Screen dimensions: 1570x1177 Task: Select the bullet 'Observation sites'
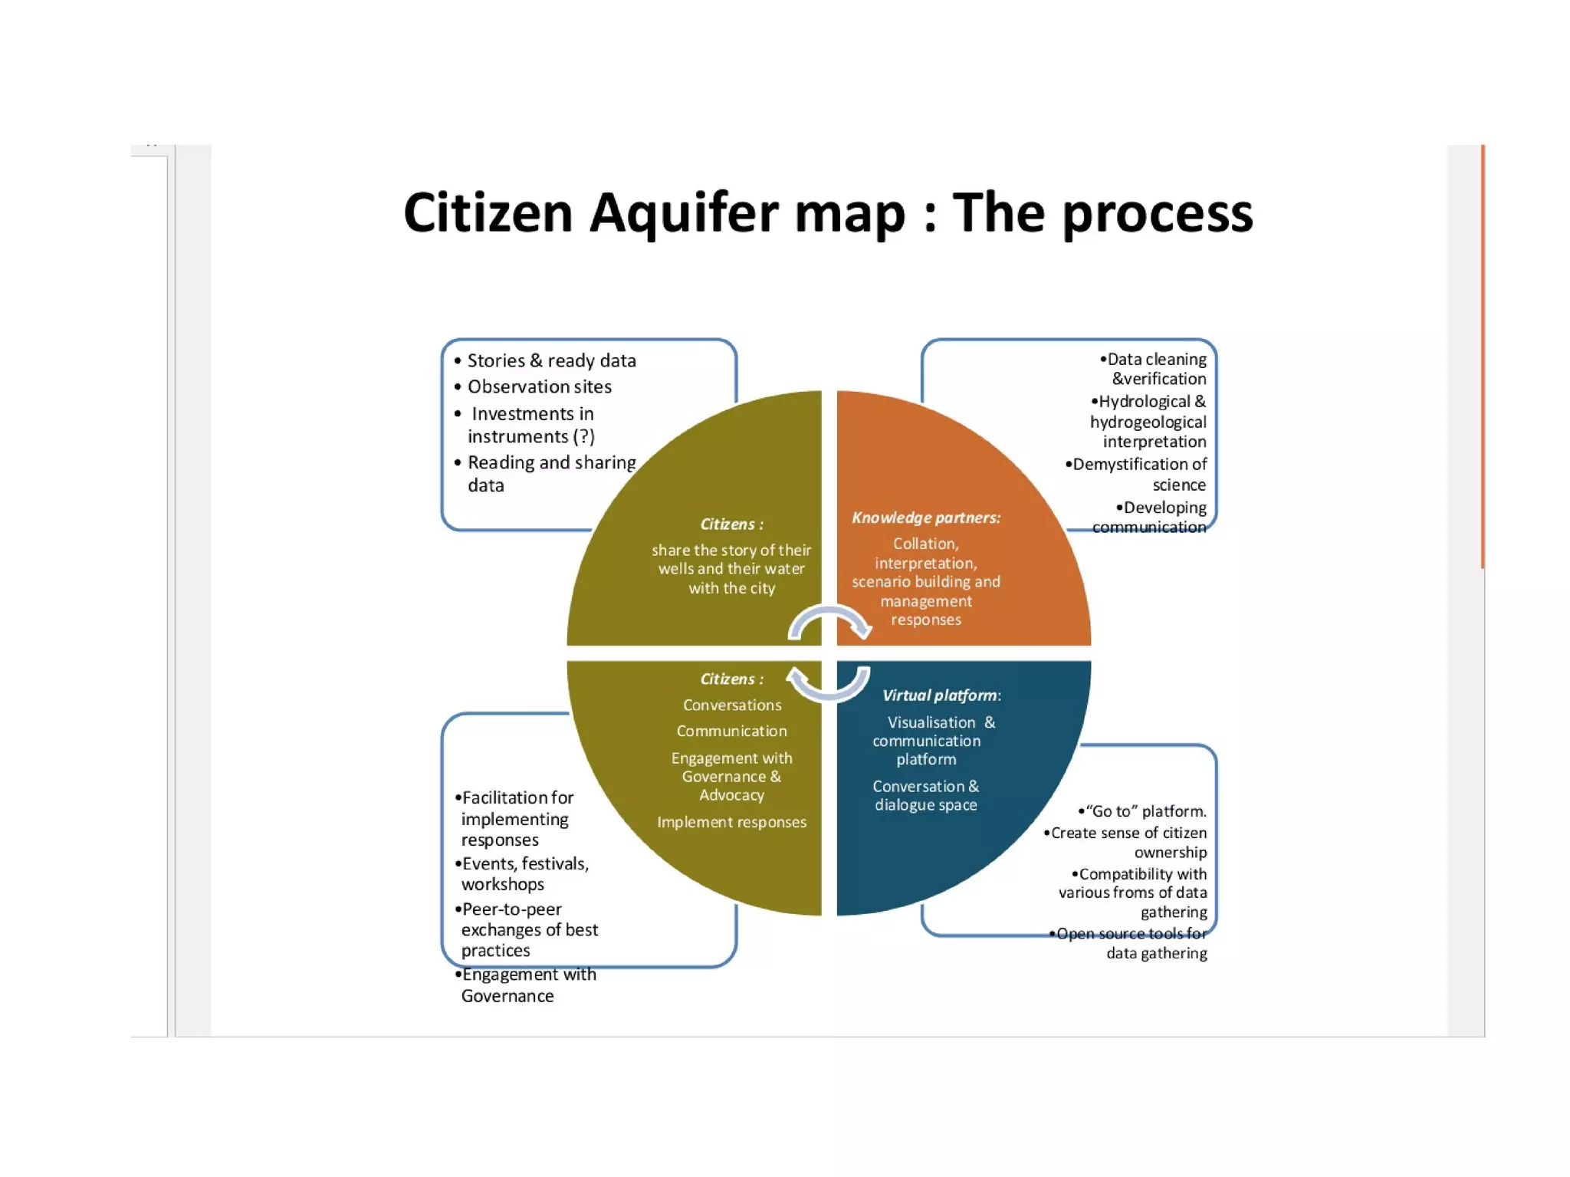click(x=539, y=386)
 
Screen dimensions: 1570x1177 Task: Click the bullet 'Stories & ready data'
click(x=551, y=360)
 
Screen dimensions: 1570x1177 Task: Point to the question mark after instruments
click(x=584, y=436)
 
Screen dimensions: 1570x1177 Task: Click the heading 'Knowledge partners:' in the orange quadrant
click(x=926, y=518)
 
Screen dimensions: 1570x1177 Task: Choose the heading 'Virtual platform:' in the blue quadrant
click(x=941, y=695)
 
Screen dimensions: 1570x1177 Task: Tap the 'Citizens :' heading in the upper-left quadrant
click(x=731, y=524)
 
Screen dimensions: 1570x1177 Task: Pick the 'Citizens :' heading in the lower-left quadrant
click(x=731, y=679)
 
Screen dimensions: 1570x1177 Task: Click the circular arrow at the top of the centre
click(x=829, y=621)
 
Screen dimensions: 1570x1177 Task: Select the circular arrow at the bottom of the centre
click(x=829, y=684)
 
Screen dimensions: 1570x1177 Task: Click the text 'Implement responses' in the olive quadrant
click(x=731, y=822)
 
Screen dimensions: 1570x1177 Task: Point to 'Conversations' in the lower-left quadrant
click(x=732, y=705)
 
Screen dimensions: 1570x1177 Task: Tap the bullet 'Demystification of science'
click(x=1138, y=474)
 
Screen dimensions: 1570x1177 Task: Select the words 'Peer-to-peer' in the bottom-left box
click(x=511, y=909)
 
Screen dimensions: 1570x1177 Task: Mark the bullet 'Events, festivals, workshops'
click(x=524, y=874)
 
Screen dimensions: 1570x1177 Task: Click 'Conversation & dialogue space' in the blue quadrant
click(x=926, y=796)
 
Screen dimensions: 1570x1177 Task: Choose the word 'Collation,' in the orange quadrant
click(x=926, y=544)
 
